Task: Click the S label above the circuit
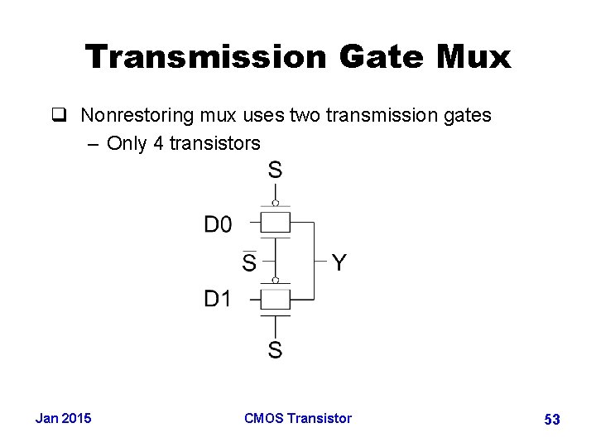(x=275, y=171)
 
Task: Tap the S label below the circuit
(x=275, y=350)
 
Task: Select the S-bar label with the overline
(x=249, y=262)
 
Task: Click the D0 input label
(x=219, y=224)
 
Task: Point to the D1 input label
(x=218, y=299)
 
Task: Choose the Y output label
(x=339, y=263)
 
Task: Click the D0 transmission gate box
(x=276, y=222)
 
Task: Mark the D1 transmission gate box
(x=276, y=298)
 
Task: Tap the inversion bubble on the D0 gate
(x=276, y=203)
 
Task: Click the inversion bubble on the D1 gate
(x=276, y=280)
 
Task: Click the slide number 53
(x=552, y=420)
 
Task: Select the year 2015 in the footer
(x=77, y=418)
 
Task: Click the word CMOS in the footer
(x=264, y=418)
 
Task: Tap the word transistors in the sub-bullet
(x=214, y=143)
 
